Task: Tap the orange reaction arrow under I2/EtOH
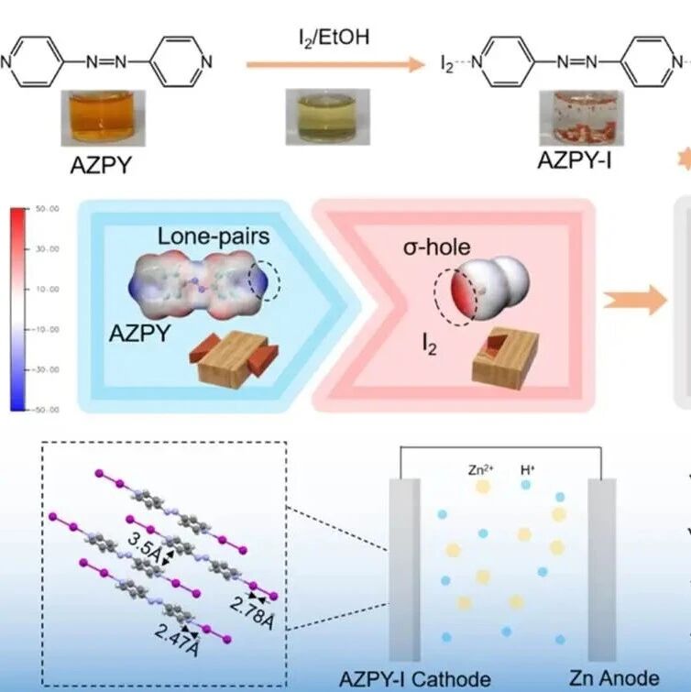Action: [336, 65]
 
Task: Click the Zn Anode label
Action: [613, 677]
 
